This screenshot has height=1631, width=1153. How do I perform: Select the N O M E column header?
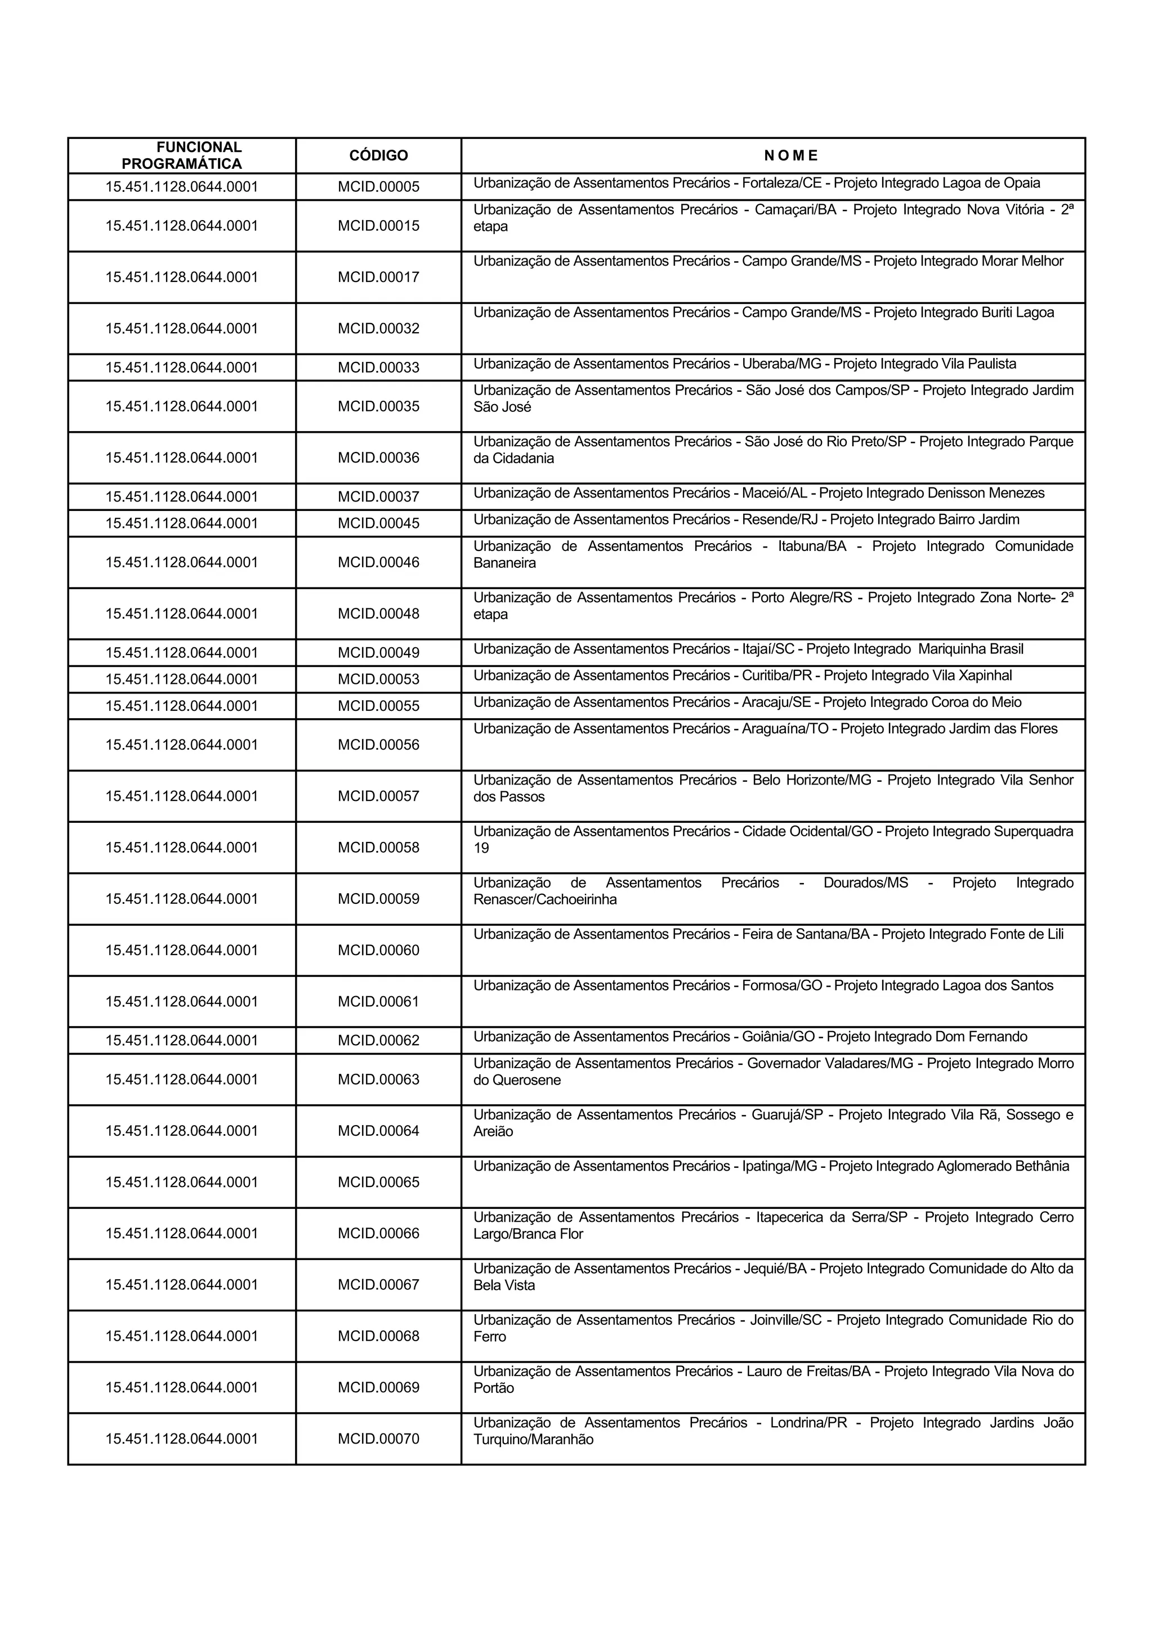click(x=790, y=155)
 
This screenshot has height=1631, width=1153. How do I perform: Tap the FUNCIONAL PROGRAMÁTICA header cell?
click(x=182, y=155)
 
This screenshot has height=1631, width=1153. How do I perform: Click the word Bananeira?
click(x=504, y=563)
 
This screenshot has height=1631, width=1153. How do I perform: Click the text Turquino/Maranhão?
click(x=533, y=1440)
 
